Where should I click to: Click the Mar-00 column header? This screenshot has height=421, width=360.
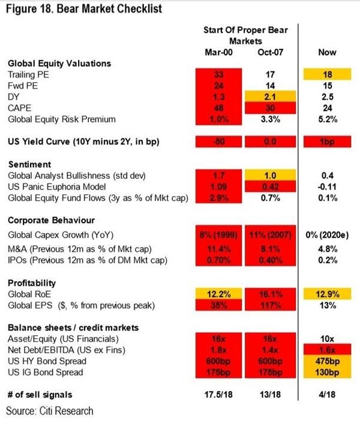click(218, 52)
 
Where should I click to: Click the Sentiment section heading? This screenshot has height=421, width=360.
click(28, 163)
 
